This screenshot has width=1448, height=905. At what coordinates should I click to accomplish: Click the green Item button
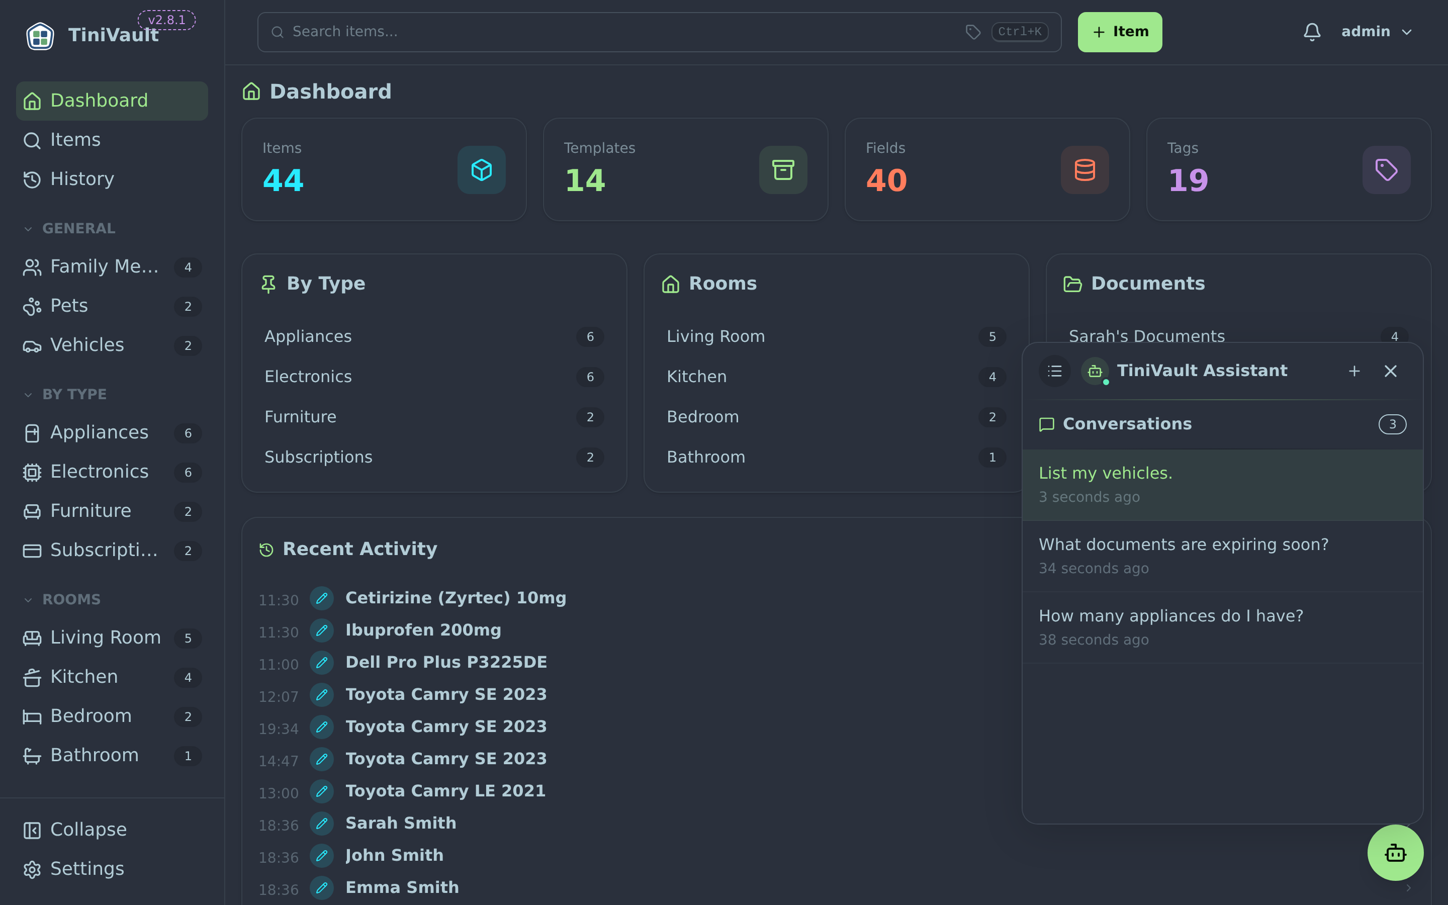[x=1120, y=32]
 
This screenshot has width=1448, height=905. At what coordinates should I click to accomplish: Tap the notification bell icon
[x=1312, y=32]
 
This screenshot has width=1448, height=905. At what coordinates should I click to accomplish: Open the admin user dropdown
[x=1376, y=32]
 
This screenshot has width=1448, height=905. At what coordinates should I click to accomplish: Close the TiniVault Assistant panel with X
[x=1390, y=371]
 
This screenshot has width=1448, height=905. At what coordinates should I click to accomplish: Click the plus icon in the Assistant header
[x=1354, y=371]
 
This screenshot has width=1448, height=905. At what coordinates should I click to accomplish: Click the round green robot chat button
[x=1395, y=852]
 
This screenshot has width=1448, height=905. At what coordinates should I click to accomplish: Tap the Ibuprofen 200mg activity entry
[x=423, y=630]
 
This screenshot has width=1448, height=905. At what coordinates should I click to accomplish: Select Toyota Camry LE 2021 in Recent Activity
[x=445, y=791]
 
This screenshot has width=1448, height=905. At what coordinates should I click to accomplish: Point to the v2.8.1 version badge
[x=166, y=20]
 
